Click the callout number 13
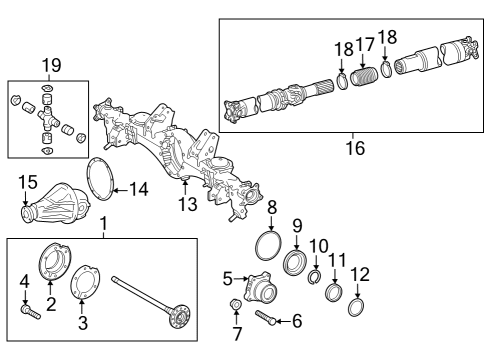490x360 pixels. (183, 204)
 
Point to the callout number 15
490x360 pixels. (26, 180)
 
